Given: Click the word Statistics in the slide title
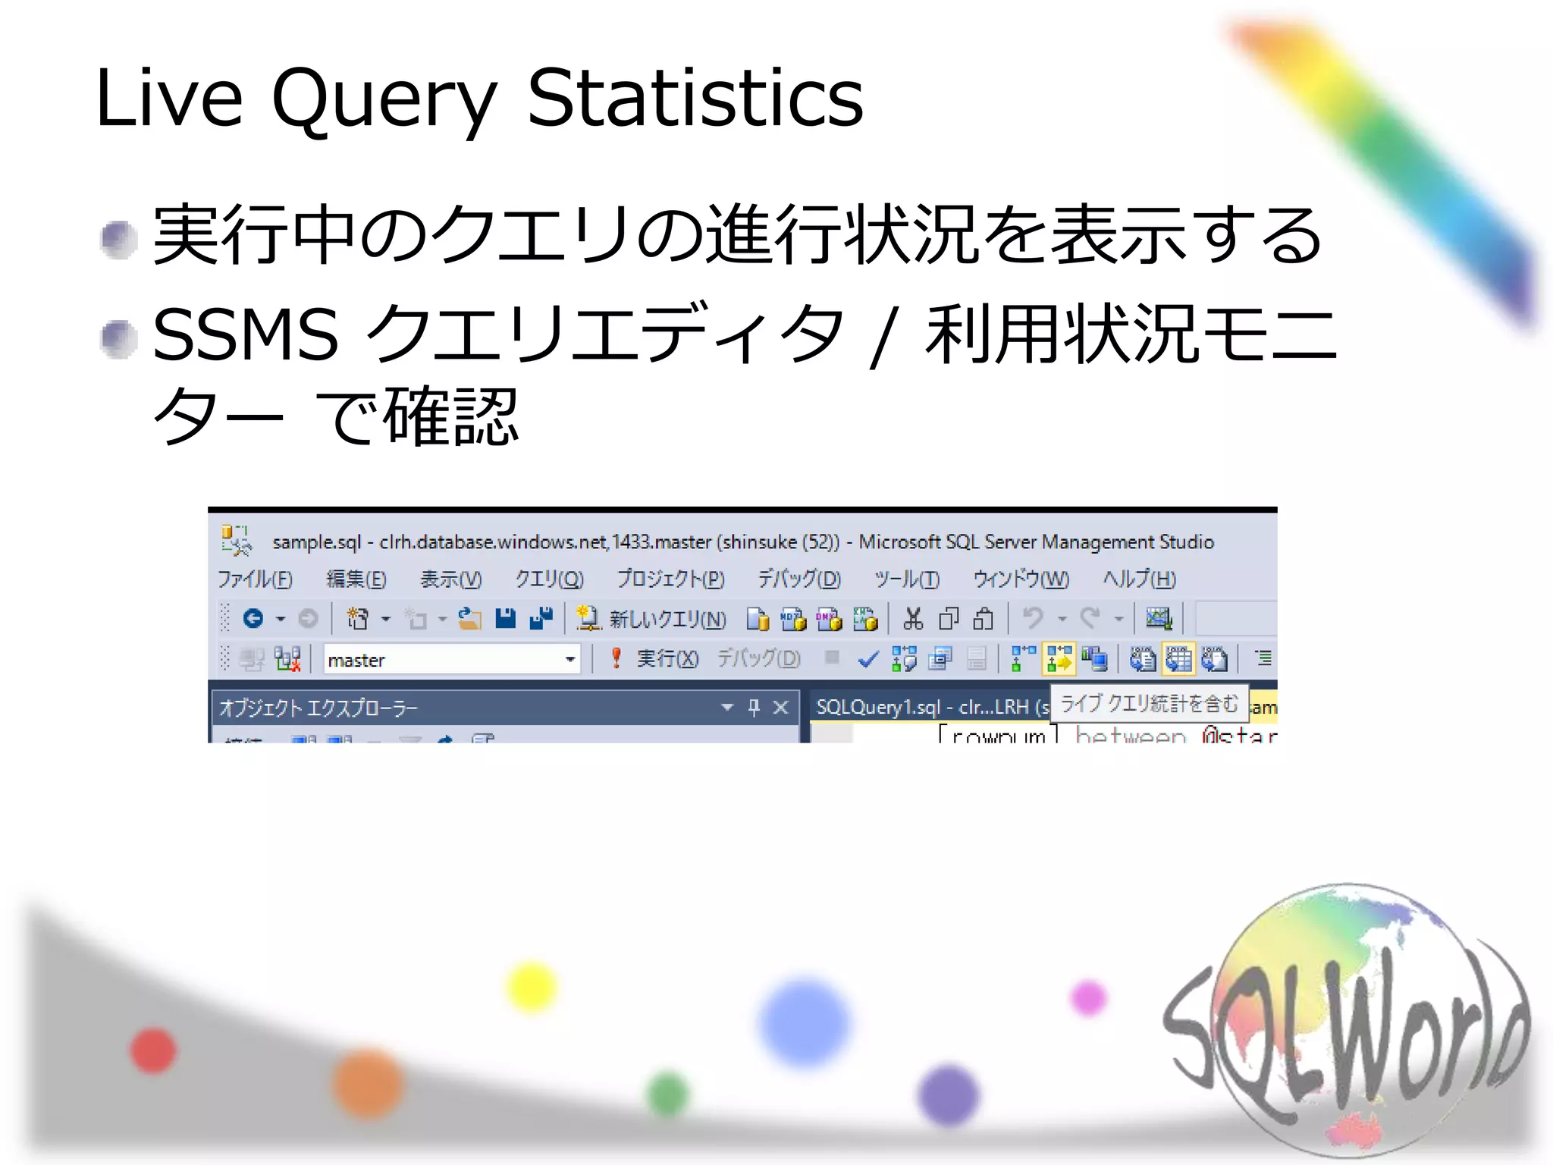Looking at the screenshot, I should [695, 98].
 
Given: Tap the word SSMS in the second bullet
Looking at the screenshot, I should [245, 334].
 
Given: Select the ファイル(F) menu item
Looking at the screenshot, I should [255, 579].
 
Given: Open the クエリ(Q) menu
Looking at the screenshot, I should [549, 579].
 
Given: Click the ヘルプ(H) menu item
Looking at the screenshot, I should [1138, 579].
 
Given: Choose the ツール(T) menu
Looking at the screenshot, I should [906, 579].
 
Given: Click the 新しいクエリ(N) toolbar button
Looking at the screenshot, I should [651, 619].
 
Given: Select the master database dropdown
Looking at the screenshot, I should [452, 659].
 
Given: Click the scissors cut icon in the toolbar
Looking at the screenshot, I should [913, 619].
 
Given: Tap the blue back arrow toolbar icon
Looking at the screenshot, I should [253, 619].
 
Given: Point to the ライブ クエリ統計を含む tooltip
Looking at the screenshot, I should [1148, 704].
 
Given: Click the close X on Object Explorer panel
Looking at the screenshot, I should [780, 708].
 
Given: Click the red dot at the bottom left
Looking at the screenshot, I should [153, 1050].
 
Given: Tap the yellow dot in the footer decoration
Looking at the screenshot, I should [531, 987].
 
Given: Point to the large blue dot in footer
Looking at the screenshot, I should [804, 1022].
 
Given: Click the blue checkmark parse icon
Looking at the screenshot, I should [867, 659].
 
